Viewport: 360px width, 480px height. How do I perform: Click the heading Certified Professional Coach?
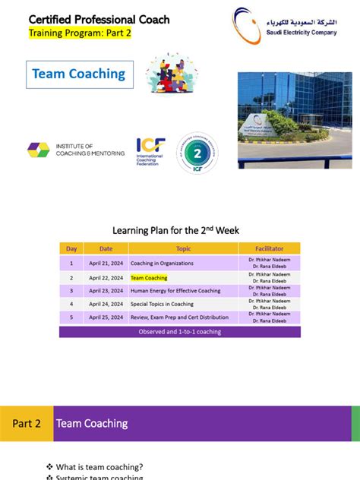(99, 20)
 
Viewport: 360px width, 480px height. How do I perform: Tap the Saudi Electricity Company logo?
(293, 26)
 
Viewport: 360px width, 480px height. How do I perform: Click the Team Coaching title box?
(79, 74)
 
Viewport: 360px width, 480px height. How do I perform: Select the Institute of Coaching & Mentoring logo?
(75, 149)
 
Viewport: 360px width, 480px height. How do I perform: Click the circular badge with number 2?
(197, 151)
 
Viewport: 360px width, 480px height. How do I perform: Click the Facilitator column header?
(269, 248)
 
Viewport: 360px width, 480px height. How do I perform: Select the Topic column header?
(183, 248)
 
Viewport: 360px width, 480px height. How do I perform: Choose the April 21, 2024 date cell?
(106, 263)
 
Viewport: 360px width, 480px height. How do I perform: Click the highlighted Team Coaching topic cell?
(149, 277)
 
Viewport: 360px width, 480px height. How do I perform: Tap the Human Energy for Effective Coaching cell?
(175, 291)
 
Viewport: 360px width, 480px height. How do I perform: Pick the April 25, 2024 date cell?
(106, 318)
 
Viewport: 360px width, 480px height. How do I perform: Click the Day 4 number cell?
(71, 305)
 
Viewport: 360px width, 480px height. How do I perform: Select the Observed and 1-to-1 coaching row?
(180, 332)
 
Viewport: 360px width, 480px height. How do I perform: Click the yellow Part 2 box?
(27, 423)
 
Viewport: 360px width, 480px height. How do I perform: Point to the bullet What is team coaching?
(99, 466)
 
